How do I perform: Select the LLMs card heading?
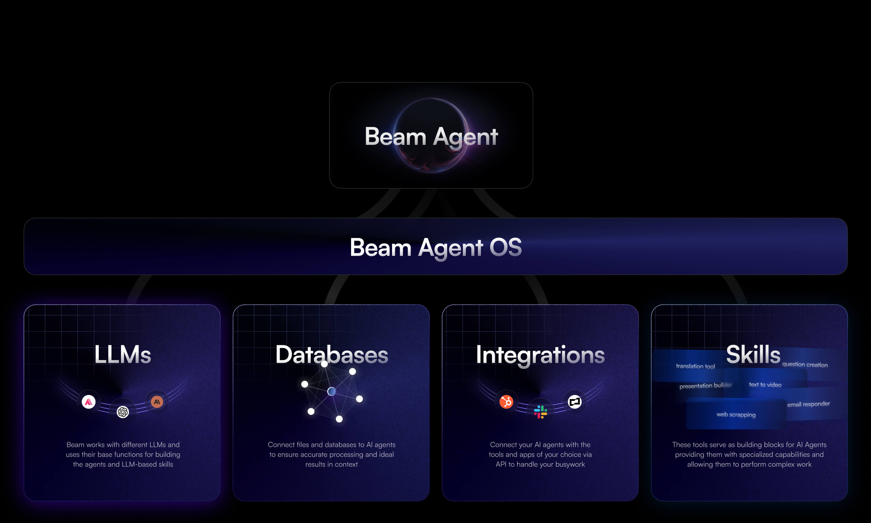122,354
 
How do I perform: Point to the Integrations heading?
540,355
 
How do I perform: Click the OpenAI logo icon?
123,412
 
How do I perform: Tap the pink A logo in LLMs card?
88,402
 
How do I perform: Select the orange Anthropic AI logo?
157,401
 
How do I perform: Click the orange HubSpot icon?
506,402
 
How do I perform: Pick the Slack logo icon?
540,412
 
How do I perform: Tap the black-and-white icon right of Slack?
575,401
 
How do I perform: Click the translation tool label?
695,366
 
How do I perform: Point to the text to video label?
765,384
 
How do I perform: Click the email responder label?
808,404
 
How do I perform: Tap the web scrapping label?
736,414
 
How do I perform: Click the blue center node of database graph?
331,391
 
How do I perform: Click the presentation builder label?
701,386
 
